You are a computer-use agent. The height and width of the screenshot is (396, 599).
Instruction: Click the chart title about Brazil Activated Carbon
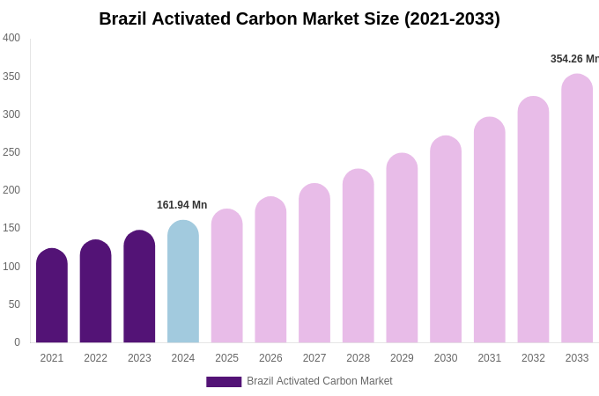[x=299, y=18]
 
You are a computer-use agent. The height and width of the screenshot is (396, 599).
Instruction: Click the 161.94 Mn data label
[x=181, y=205]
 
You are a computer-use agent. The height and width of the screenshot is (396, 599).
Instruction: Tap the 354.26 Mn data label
[x=574, y=59]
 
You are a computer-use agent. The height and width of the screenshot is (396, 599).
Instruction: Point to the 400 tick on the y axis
[x=11, y=38]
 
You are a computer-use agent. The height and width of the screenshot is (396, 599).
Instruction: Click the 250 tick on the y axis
[x=11, y=152]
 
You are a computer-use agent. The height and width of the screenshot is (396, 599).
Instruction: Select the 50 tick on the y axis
[x=14, y=304]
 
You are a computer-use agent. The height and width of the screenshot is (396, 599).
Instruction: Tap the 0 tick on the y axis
[x=17, y=342]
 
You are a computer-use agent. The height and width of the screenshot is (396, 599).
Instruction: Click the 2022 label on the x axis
[x=95, y=358]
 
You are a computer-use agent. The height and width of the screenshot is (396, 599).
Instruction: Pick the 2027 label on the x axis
[x=314, y=358]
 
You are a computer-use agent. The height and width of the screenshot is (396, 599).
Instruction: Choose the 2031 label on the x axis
[x=489, y=358]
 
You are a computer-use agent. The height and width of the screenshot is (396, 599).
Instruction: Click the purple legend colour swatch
[x=224, y=382]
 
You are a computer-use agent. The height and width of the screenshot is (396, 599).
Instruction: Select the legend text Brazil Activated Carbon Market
[x=320, y=381]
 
